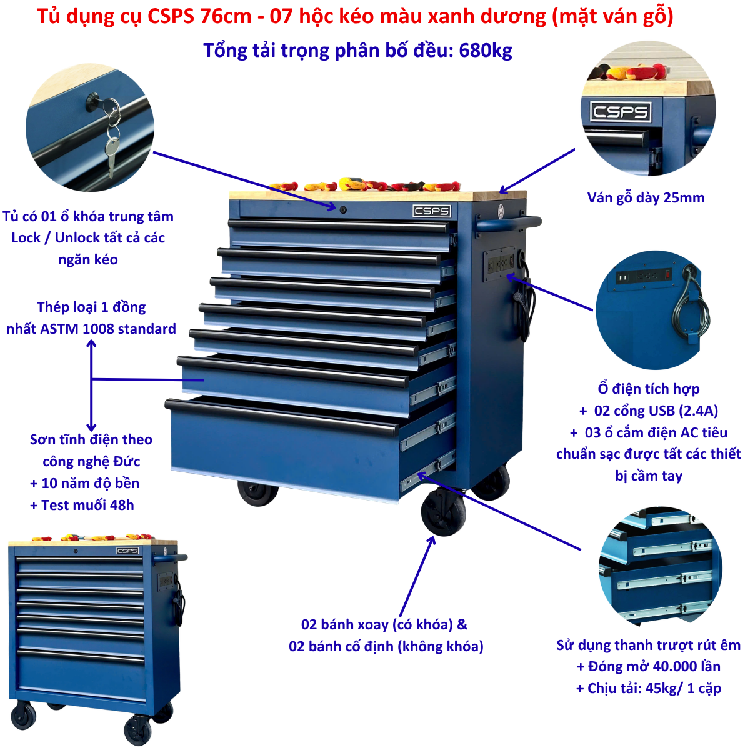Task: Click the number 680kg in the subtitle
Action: click(x=486, y=51)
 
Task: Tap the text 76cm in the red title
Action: click(x=226, y=16)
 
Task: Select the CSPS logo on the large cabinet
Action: click(x=431, y=211)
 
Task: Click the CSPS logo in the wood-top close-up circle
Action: click(x=621, y=112)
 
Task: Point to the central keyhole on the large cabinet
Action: click(x=343, y=210)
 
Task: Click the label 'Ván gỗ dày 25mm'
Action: click(x=646, y=197)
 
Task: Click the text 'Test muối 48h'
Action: click(x=87, y=505)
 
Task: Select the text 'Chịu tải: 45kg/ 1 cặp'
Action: click(x=654, y=688)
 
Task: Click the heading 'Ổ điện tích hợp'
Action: click(x=649, y=388)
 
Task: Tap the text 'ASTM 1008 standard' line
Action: click(x=107, y=329)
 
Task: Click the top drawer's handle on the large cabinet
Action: click(x=338, y=226)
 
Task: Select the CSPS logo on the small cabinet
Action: click(x=127, y=551)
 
